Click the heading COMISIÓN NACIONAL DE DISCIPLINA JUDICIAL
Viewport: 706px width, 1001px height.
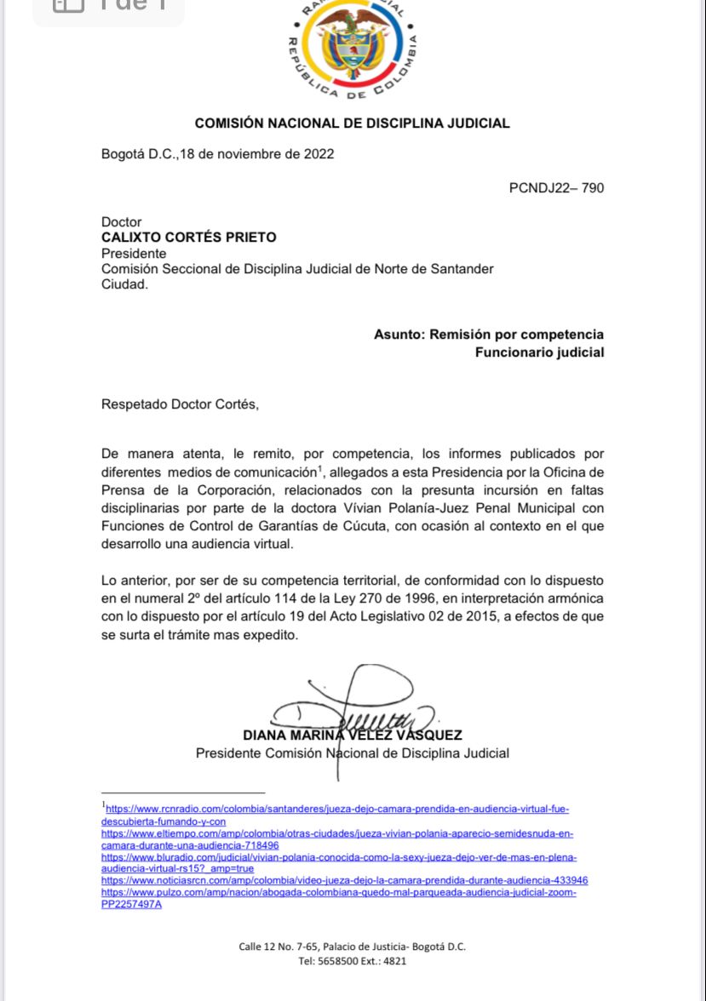point(352,123)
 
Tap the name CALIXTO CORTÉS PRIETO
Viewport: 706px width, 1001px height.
point(189,237)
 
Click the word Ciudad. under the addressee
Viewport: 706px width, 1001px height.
point(124,284)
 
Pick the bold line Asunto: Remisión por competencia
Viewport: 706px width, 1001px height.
point(489,335)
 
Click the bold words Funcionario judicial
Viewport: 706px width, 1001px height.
point(539,352)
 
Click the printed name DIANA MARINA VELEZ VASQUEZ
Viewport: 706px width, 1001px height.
point(352,735)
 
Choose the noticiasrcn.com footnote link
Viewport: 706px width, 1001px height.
point(344,880)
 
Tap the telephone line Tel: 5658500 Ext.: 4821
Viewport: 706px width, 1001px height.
point(352,961)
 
